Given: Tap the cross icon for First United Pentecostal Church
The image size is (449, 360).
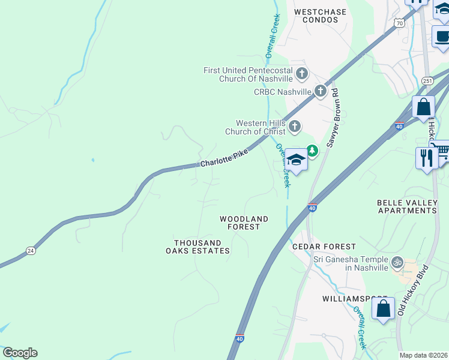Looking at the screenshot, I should pyautogui.click(x=301, y=74).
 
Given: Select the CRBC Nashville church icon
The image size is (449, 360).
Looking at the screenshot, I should pyautogui.click(x=321, y=91).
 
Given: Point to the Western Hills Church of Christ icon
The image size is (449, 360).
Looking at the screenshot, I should pyautogui.click(x=294, y=126).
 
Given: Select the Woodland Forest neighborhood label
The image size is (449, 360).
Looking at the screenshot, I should pyautogui.click(x=244, y=223).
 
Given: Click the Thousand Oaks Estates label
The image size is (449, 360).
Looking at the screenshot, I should pyautogui.click(x=202, y=247).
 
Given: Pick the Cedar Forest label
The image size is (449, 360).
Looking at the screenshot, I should pyautogui.click(x=324, y=247).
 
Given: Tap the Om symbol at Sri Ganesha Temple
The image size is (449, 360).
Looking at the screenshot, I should pyautogui.click(x=396, y=262).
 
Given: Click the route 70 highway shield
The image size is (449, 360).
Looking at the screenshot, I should pyautogui.click(x=399, y=23).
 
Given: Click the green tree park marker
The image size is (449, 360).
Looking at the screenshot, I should pyautogui.click(x=312, y=150).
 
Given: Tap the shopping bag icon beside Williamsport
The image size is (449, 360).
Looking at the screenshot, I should pyautogui.click(x=383, y=309).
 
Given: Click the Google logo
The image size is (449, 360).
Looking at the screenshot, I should pyautogui.click(x=20, y=353).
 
